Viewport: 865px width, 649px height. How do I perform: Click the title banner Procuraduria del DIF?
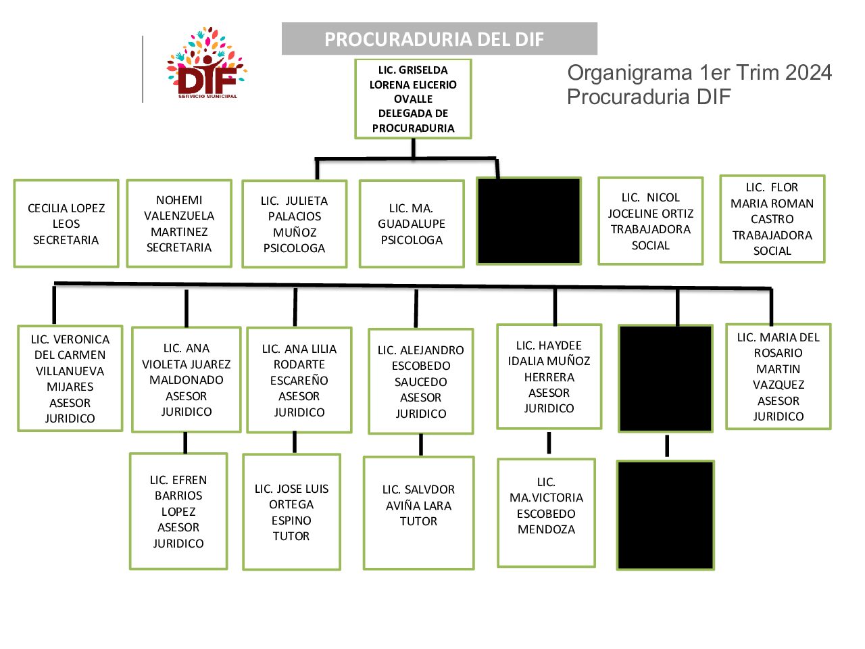click(x=439, y=39)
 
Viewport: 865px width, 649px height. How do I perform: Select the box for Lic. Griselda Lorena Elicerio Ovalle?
click(x=413, y=99)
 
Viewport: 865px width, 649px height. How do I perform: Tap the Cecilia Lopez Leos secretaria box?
click(x=66, y=224)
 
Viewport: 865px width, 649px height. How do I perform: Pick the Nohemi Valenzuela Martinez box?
click(x=179, y=224)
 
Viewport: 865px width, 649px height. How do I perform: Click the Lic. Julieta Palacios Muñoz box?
click(x=295, y=224)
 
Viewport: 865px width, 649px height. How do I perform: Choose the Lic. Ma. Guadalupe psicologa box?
click(x=412, y=224)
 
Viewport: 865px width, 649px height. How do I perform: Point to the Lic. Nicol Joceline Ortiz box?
click(x=650, y=221)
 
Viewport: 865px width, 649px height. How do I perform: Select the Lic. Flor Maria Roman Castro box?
click(x=772, y=219)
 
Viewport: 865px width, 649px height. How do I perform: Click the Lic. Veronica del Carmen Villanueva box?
click(x=70, y=379)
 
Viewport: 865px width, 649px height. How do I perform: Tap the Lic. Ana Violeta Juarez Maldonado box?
click(x=187, y=380)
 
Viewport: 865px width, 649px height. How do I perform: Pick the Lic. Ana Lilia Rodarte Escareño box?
click(x=299, y=381)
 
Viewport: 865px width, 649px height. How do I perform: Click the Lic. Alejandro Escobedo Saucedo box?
click(x=420, y=381)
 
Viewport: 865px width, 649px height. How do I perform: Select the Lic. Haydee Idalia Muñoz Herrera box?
click(x=549, y=377)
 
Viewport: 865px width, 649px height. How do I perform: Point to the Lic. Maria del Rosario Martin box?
click(x=778, y=377)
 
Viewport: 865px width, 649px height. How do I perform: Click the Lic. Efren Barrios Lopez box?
click(x=178, y=511)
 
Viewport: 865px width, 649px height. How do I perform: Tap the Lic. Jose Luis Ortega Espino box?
click(x=291, y=512)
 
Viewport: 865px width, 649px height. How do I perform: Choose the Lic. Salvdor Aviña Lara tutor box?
click(x=418, y=512)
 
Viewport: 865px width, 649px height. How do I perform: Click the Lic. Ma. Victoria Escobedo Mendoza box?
click(x=546, y=512)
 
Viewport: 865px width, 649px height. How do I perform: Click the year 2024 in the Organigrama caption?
click(x=808, y=73)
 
